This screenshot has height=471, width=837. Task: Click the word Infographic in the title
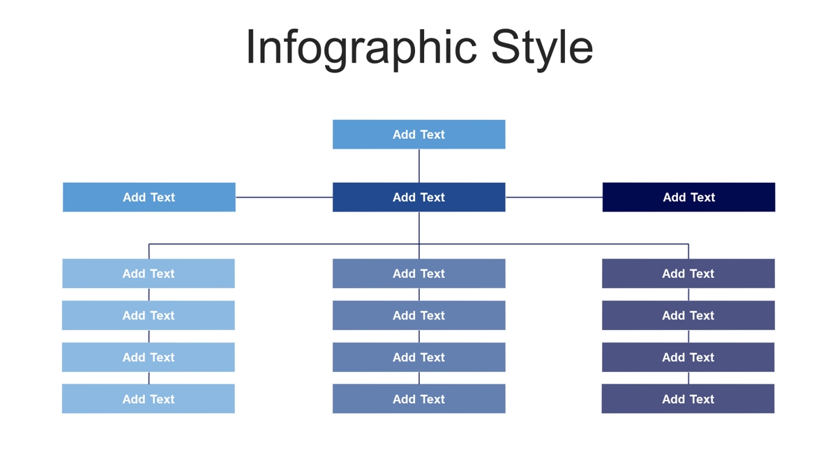(361, 49)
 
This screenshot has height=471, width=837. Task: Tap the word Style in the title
(542, 49)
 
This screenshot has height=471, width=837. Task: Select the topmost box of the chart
(419, 135)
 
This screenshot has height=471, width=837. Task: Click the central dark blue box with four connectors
(419, 197)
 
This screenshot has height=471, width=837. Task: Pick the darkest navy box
(688, 197)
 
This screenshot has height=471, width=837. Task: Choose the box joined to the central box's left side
(149, 197)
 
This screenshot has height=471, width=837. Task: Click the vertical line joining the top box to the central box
(419, 166)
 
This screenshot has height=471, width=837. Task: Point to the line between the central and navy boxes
(554, 197)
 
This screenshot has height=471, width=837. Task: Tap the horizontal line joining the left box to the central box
(284, 197)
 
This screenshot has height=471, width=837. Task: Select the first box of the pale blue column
(149, 274)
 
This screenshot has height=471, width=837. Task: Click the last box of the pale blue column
(149, 399)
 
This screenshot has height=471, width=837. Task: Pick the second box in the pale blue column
(149, 315)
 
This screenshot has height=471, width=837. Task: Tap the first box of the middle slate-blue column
(419, 274)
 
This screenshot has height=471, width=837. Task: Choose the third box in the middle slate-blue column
(419, 357)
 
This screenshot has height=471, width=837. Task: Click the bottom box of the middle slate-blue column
(419, 399)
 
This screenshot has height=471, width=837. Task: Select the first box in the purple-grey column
(688, 274)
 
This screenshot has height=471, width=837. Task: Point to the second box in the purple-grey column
(688, 315)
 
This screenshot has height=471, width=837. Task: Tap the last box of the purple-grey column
(688, 399)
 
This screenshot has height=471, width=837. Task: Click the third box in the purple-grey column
(688, 357)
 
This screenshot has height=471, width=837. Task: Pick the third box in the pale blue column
(149, 357)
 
